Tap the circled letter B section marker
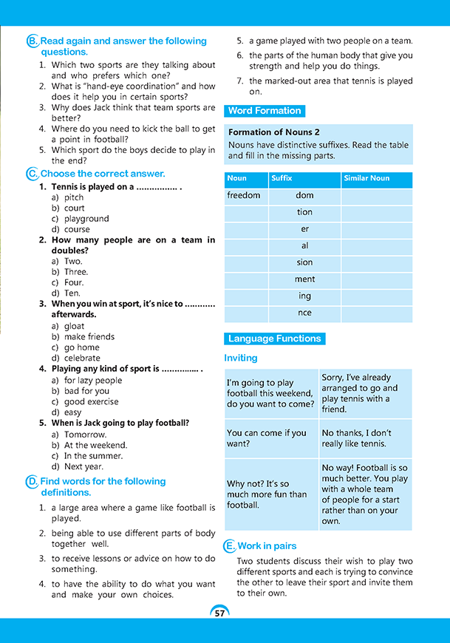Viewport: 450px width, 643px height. [x=32, y=42]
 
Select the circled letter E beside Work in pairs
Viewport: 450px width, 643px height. [x=230, y=546]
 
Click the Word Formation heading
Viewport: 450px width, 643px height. [x=264, y=111]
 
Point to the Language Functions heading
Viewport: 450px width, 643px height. [x=274, y=338]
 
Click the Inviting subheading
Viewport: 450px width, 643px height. [x=241, y=358]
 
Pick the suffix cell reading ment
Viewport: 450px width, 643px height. [x=304, y=279]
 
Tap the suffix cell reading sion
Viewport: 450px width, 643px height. [x=304, y=262]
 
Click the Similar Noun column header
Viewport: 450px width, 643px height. [x=366, y=178]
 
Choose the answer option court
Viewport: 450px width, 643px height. [x=74, y=208]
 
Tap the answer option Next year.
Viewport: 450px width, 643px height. [x=83, y=467]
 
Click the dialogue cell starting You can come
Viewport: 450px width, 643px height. [x=270, y=438]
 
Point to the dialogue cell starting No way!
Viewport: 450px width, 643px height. [x=365, y=494]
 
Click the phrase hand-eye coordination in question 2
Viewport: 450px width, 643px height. [x=148, y=86]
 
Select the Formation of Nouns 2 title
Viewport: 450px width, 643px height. [x=274, y=132]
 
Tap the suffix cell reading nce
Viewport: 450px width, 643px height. [x=304, y=313]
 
